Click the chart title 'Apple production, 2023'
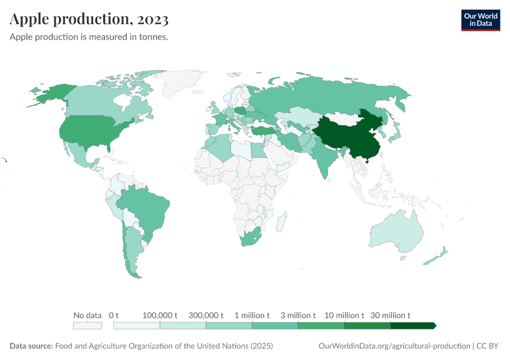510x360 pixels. click(x=89, y=19)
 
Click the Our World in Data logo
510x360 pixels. click(x=480, y=20)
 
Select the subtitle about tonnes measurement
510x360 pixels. click(x=89, y=37)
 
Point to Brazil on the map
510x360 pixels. click(x=147, y=207)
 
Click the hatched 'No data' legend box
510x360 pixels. click(x=87, y=326)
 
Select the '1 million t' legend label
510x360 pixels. click(x=252, y=315)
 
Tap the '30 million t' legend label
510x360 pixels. click(x=391, y=315)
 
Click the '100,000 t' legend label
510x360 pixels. click(x=160, y=315)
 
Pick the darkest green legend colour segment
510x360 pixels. click(x=412, y=326)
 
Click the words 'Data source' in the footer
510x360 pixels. click(x=31, y=346)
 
